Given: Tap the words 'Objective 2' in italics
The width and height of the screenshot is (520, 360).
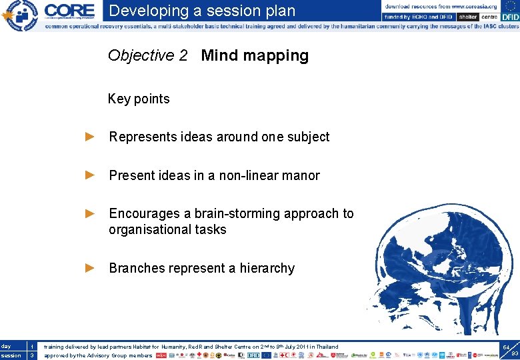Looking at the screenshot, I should click(147, 55).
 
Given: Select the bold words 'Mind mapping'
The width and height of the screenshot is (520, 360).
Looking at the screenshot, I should click(255, 55).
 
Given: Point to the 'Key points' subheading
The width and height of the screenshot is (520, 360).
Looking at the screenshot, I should click(139, 99).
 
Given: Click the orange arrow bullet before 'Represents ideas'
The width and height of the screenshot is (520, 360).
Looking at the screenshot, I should click(91, 137).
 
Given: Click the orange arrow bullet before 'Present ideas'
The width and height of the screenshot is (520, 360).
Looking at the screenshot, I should click(91, 175).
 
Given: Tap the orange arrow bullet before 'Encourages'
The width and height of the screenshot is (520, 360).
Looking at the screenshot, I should click(91, 213).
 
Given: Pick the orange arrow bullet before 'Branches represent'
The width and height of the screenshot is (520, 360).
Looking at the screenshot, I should click(91, 268).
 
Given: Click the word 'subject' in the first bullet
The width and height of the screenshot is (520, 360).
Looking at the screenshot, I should click(308, 137).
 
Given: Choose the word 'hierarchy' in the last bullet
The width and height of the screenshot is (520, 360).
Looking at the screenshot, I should click(267, 268).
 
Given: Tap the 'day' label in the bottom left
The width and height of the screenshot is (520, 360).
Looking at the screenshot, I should click(6, 346).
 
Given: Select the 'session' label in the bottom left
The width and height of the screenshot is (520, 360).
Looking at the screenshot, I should click(11, 355).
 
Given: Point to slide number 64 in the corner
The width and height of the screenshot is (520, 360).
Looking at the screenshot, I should click(507, 347).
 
